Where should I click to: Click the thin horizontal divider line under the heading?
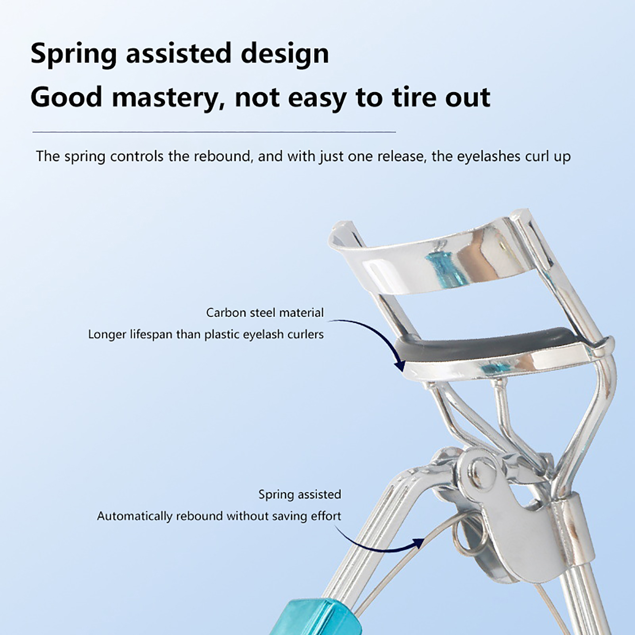point(214,131)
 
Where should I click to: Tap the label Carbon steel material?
point(265,313)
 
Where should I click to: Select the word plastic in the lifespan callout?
point(221,334)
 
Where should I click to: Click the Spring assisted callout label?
point(300,495)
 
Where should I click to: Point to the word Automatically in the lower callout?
point(135,516)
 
